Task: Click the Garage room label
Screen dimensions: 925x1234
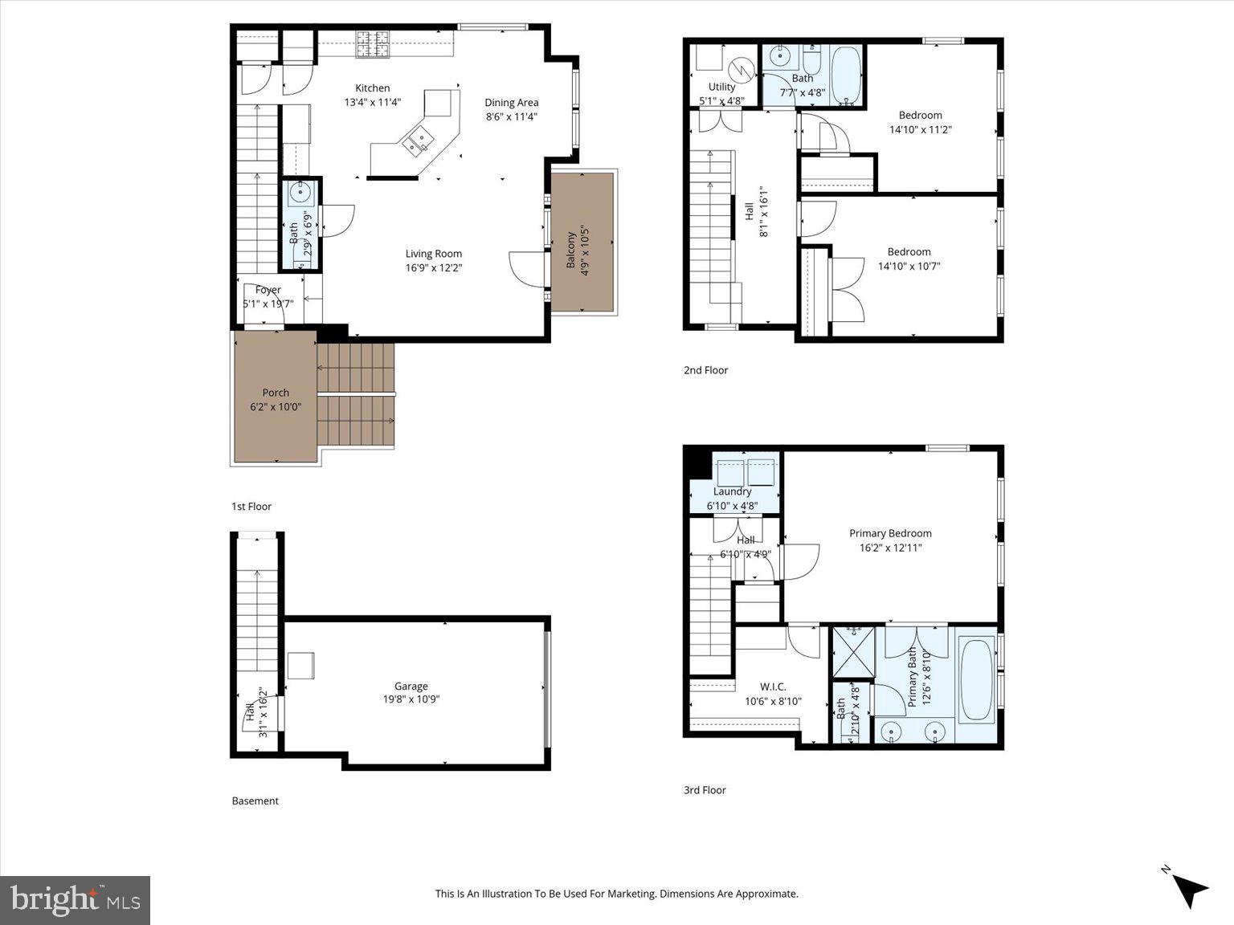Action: [411, 686]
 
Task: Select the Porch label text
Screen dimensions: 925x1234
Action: [276, 393]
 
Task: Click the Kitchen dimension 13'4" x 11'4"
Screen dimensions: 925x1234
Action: [372, 102]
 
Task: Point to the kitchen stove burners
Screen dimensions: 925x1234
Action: [373, 44]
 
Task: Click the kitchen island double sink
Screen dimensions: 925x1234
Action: [418, 142]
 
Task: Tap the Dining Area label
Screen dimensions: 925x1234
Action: [511, 102]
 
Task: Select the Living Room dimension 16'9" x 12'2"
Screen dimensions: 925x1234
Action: [433, 268]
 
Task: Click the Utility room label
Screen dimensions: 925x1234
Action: [721, 87]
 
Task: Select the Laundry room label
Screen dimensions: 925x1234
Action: [732, 491]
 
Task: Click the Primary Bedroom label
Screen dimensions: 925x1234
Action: [890, 533]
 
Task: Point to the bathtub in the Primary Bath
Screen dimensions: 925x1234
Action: [976, 679]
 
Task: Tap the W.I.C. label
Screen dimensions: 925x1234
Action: [772, 687]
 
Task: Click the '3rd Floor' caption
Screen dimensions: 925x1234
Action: [704, 790]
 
